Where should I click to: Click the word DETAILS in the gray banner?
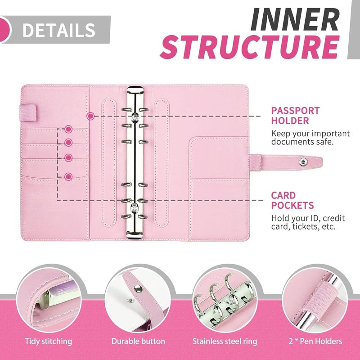58,30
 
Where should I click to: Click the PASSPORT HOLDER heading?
295,115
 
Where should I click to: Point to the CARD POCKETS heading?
292,200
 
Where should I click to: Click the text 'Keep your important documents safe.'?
310,138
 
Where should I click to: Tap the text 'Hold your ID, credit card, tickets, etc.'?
308,223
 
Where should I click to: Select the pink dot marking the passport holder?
90,116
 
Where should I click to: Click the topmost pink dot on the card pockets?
68,129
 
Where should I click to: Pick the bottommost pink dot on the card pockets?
68,176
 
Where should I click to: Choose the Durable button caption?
138,342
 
